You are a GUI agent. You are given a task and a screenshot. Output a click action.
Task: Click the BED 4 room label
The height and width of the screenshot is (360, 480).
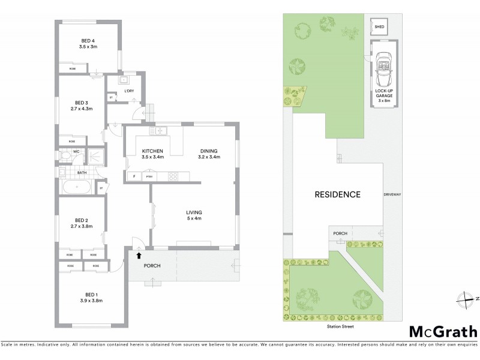pos(89,41)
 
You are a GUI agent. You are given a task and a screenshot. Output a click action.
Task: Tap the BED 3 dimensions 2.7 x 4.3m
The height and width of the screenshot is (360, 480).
pos(82,109)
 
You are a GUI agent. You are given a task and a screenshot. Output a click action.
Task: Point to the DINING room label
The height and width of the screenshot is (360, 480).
pos(209,151)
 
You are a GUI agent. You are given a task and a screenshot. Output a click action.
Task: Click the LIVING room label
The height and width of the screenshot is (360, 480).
pos(194,212)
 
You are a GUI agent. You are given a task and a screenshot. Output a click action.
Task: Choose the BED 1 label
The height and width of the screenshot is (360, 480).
pos(91,294)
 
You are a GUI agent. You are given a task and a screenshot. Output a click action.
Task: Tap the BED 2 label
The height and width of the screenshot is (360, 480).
pos(82,220)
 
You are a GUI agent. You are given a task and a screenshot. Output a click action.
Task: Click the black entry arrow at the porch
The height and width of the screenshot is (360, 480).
pos(139,255)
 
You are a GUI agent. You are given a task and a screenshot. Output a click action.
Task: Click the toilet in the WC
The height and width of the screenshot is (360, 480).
pos(64,155)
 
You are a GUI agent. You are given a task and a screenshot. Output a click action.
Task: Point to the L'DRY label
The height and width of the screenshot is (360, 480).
pos(128,91)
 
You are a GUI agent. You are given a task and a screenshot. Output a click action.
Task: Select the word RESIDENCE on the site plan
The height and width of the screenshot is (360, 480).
pos(338,194)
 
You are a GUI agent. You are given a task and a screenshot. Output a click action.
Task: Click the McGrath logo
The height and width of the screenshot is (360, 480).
pos(443,332)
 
